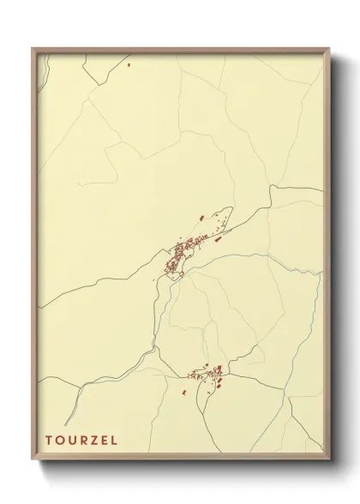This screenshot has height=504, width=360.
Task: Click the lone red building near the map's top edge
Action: tap(129, 63)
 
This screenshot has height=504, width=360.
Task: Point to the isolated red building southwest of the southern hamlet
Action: tap(183, 393)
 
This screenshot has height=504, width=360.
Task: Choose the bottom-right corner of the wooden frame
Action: tap(328, 459)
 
